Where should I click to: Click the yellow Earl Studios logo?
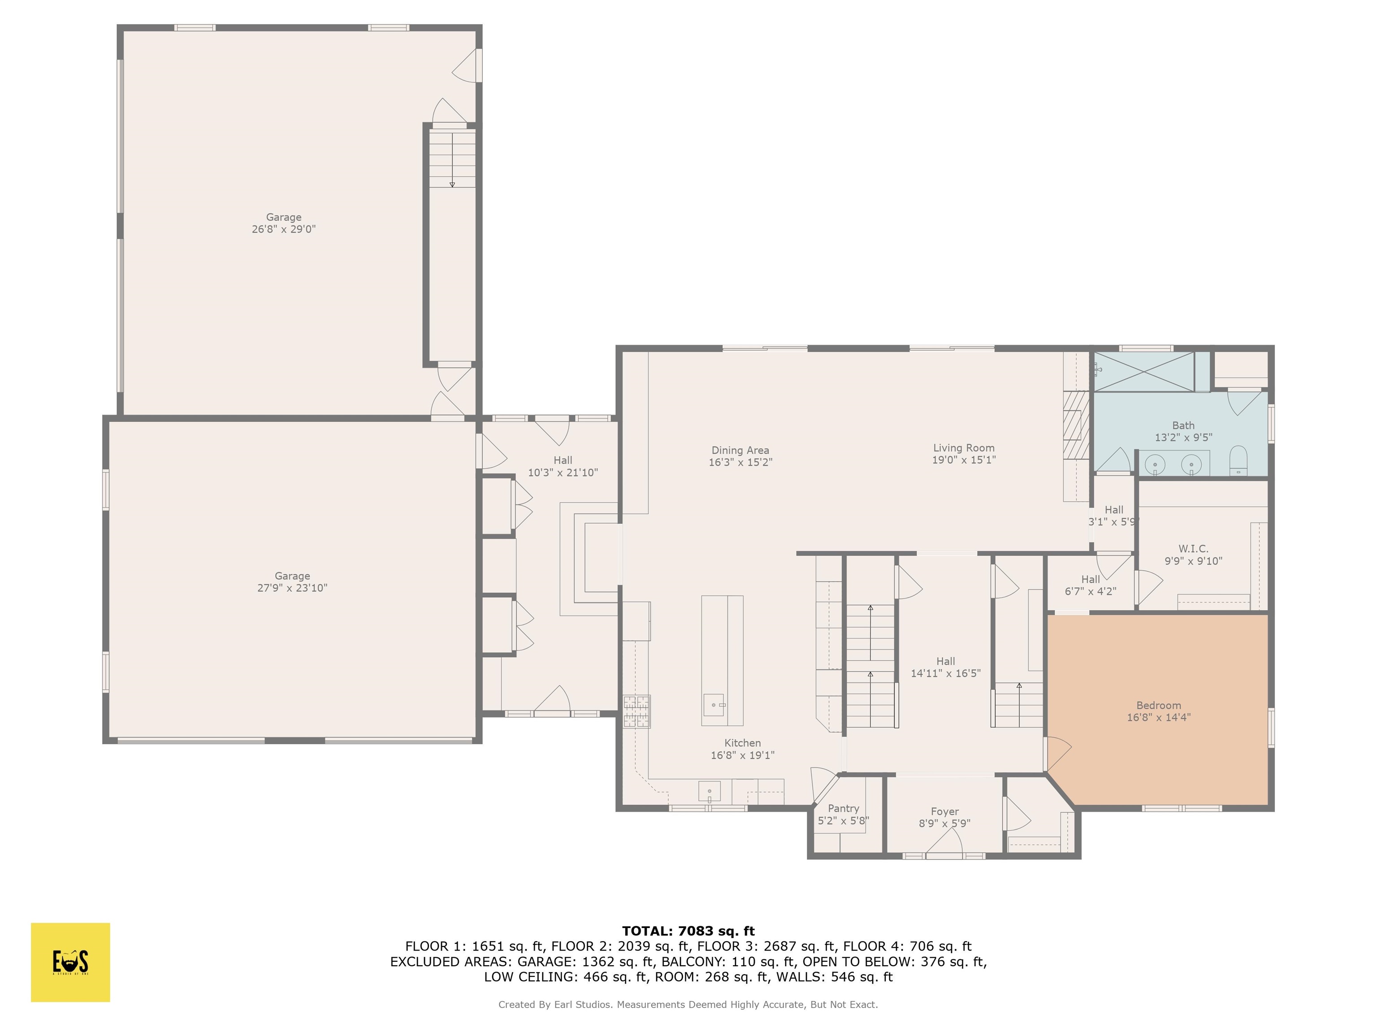70,962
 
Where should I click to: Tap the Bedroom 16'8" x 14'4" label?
1158,711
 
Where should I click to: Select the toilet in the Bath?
1238,461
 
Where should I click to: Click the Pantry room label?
843,808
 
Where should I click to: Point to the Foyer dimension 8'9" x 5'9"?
944,823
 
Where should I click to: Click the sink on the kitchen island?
714,705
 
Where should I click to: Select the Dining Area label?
740,450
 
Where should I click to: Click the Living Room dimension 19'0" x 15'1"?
963,460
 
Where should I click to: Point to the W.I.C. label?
1193,549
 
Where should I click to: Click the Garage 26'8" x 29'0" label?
284,223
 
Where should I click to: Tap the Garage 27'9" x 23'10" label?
292,582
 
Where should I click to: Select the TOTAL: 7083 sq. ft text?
688,931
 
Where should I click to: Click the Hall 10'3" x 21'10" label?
563,466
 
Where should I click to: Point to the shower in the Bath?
1144,372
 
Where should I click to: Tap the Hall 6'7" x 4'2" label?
1090,585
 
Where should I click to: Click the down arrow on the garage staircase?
452,184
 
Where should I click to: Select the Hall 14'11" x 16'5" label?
945,667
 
